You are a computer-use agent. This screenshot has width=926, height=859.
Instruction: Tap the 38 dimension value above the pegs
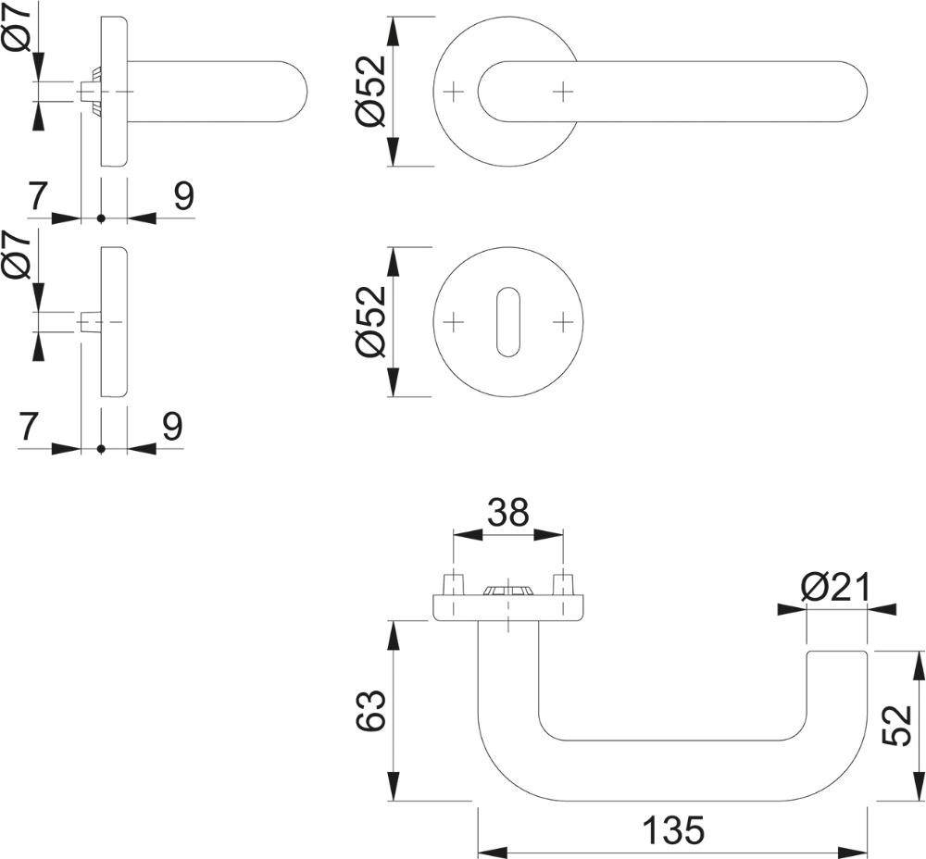click(x=507, y=513)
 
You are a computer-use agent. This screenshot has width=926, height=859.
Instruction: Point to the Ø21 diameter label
click(x=836, y=588)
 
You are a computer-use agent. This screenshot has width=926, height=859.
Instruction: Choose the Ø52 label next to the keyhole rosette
click(x=371, y=322)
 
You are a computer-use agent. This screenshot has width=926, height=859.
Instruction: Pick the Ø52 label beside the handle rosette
click(x=371, y=91)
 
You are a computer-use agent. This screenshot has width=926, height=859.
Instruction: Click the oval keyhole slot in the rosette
click(x=507, y=322)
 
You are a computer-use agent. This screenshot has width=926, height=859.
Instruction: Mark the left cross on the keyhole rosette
click(x=453, y=322)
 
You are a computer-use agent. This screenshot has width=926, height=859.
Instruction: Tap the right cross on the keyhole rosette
click(x=563, y=322)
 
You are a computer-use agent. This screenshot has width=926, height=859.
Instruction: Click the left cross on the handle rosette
click(x=453, y=92)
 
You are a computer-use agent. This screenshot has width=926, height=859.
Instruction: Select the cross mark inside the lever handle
click(x=563, y=92)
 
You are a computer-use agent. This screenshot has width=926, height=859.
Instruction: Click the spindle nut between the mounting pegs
click(x=507, y=591)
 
